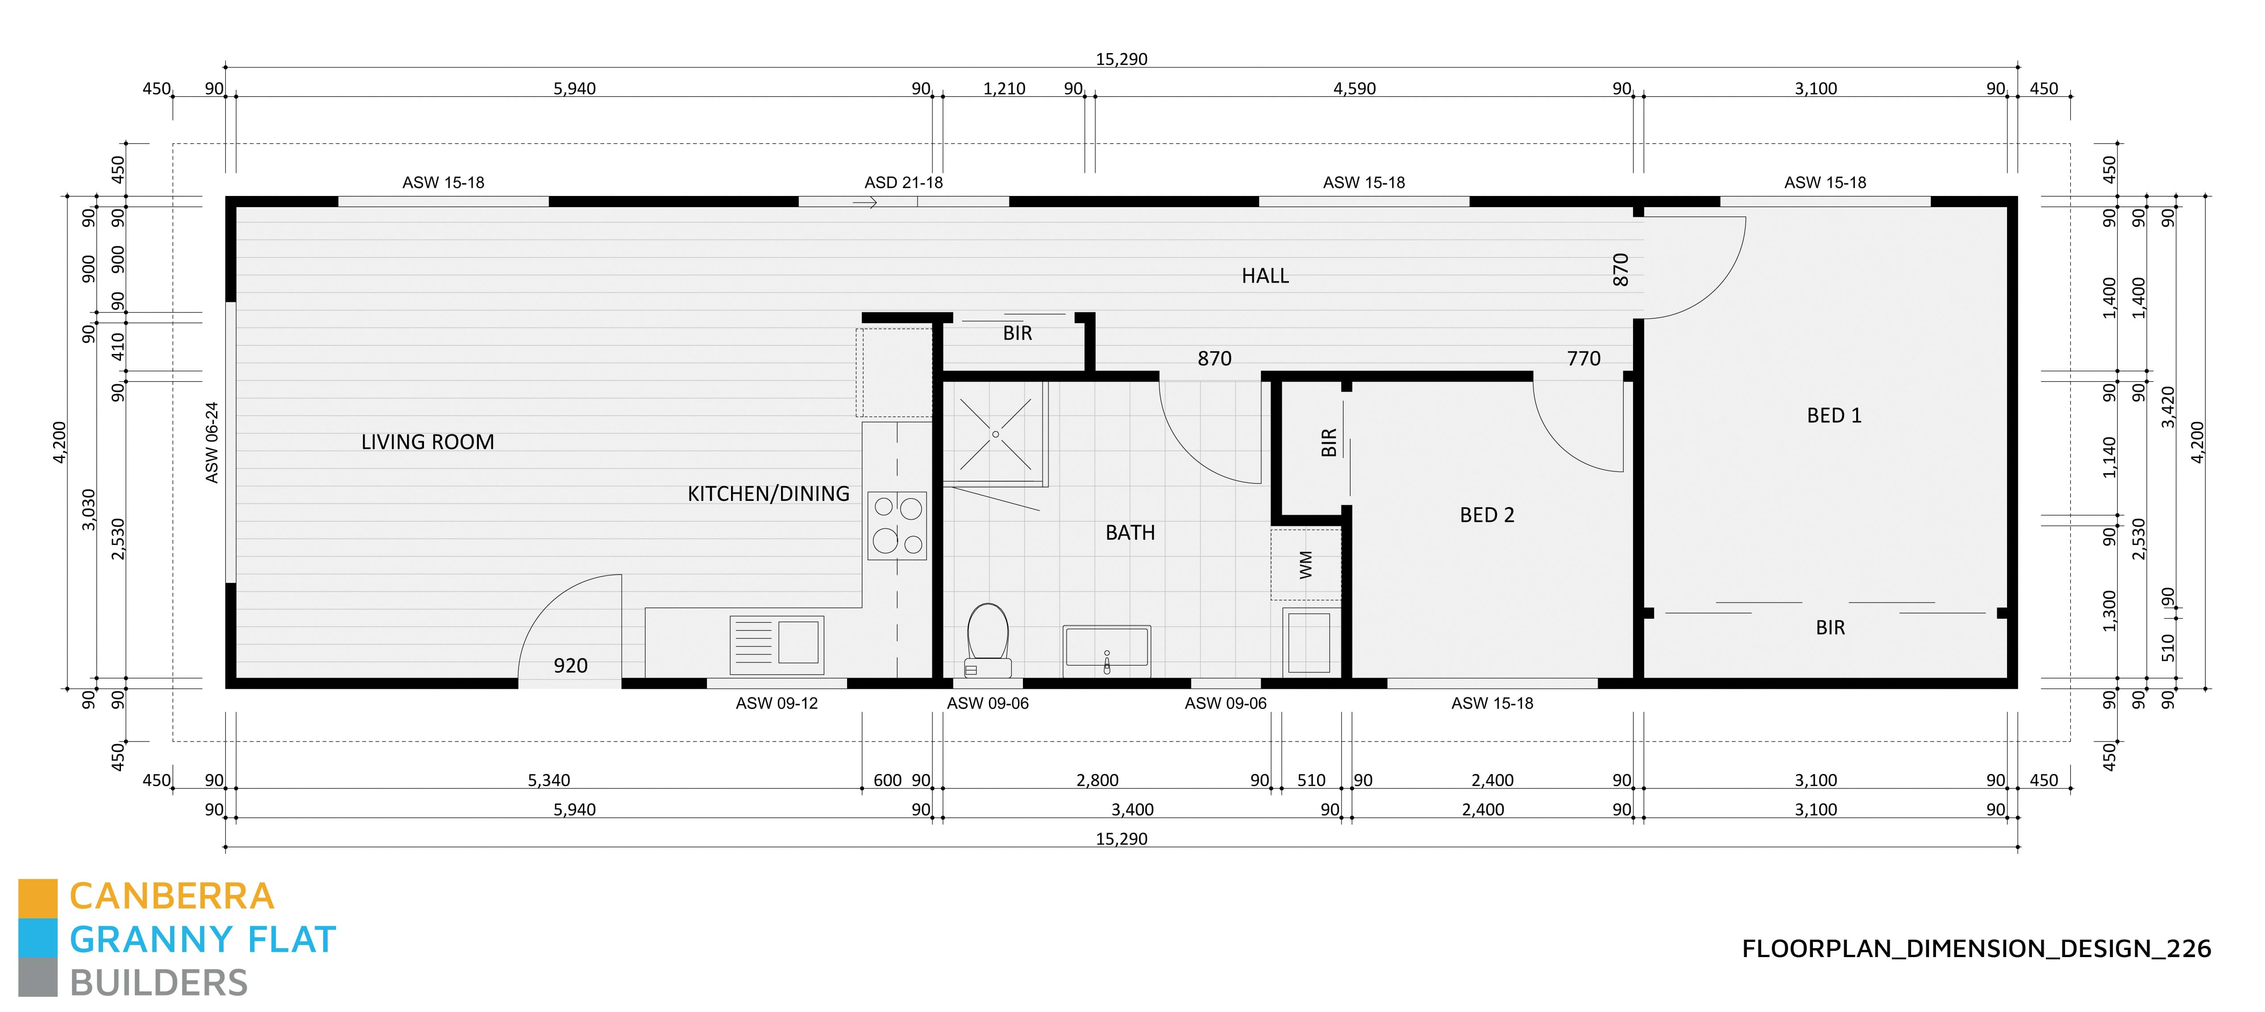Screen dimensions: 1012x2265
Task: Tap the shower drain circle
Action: tap(995, 434)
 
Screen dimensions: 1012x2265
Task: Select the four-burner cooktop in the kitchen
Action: tap(897, 526)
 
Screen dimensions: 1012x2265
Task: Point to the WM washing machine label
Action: tap(1306, 564)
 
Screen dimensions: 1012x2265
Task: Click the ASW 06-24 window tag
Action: tap(212, 442)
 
